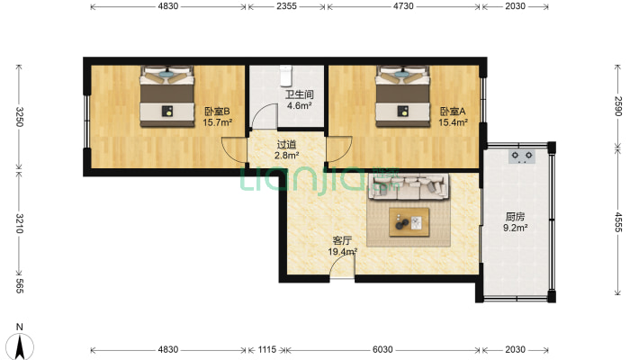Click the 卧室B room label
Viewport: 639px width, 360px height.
pos(217,112)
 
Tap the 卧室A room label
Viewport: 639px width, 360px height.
pos(453,112)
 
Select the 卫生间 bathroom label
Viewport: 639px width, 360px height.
pos(299,94)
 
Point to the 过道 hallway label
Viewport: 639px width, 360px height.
pos(286,145)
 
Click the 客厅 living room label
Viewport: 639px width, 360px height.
pos(342,240)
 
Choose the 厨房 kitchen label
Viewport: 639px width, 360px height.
pos(515,217)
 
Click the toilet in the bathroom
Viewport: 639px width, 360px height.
pos(285,76)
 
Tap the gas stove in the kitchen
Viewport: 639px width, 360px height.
pos(522,156)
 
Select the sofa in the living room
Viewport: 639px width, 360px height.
pos(409,186)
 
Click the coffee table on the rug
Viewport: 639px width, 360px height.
pos(409,222)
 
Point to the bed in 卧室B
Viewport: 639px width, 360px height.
pos(167,96)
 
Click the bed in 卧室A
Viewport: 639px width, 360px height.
pos(402,96)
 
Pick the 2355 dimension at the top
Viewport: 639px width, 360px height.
pos(286,6)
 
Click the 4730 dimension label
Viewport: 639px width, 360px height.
pos(403,6)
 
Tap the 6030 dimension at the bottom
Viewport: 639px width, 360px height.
pos(382,349)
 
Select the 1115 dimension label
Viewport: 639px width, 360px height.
pos(267,349)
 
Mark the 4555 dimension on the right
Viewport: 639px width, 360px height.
pos(618,222)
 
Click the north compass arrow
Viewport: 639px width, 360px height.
pos(20,346)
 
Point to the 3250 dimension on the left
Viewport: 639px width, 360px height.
pos(19,117)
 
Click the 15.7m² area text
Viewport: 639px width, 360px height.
pos(218,121)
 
